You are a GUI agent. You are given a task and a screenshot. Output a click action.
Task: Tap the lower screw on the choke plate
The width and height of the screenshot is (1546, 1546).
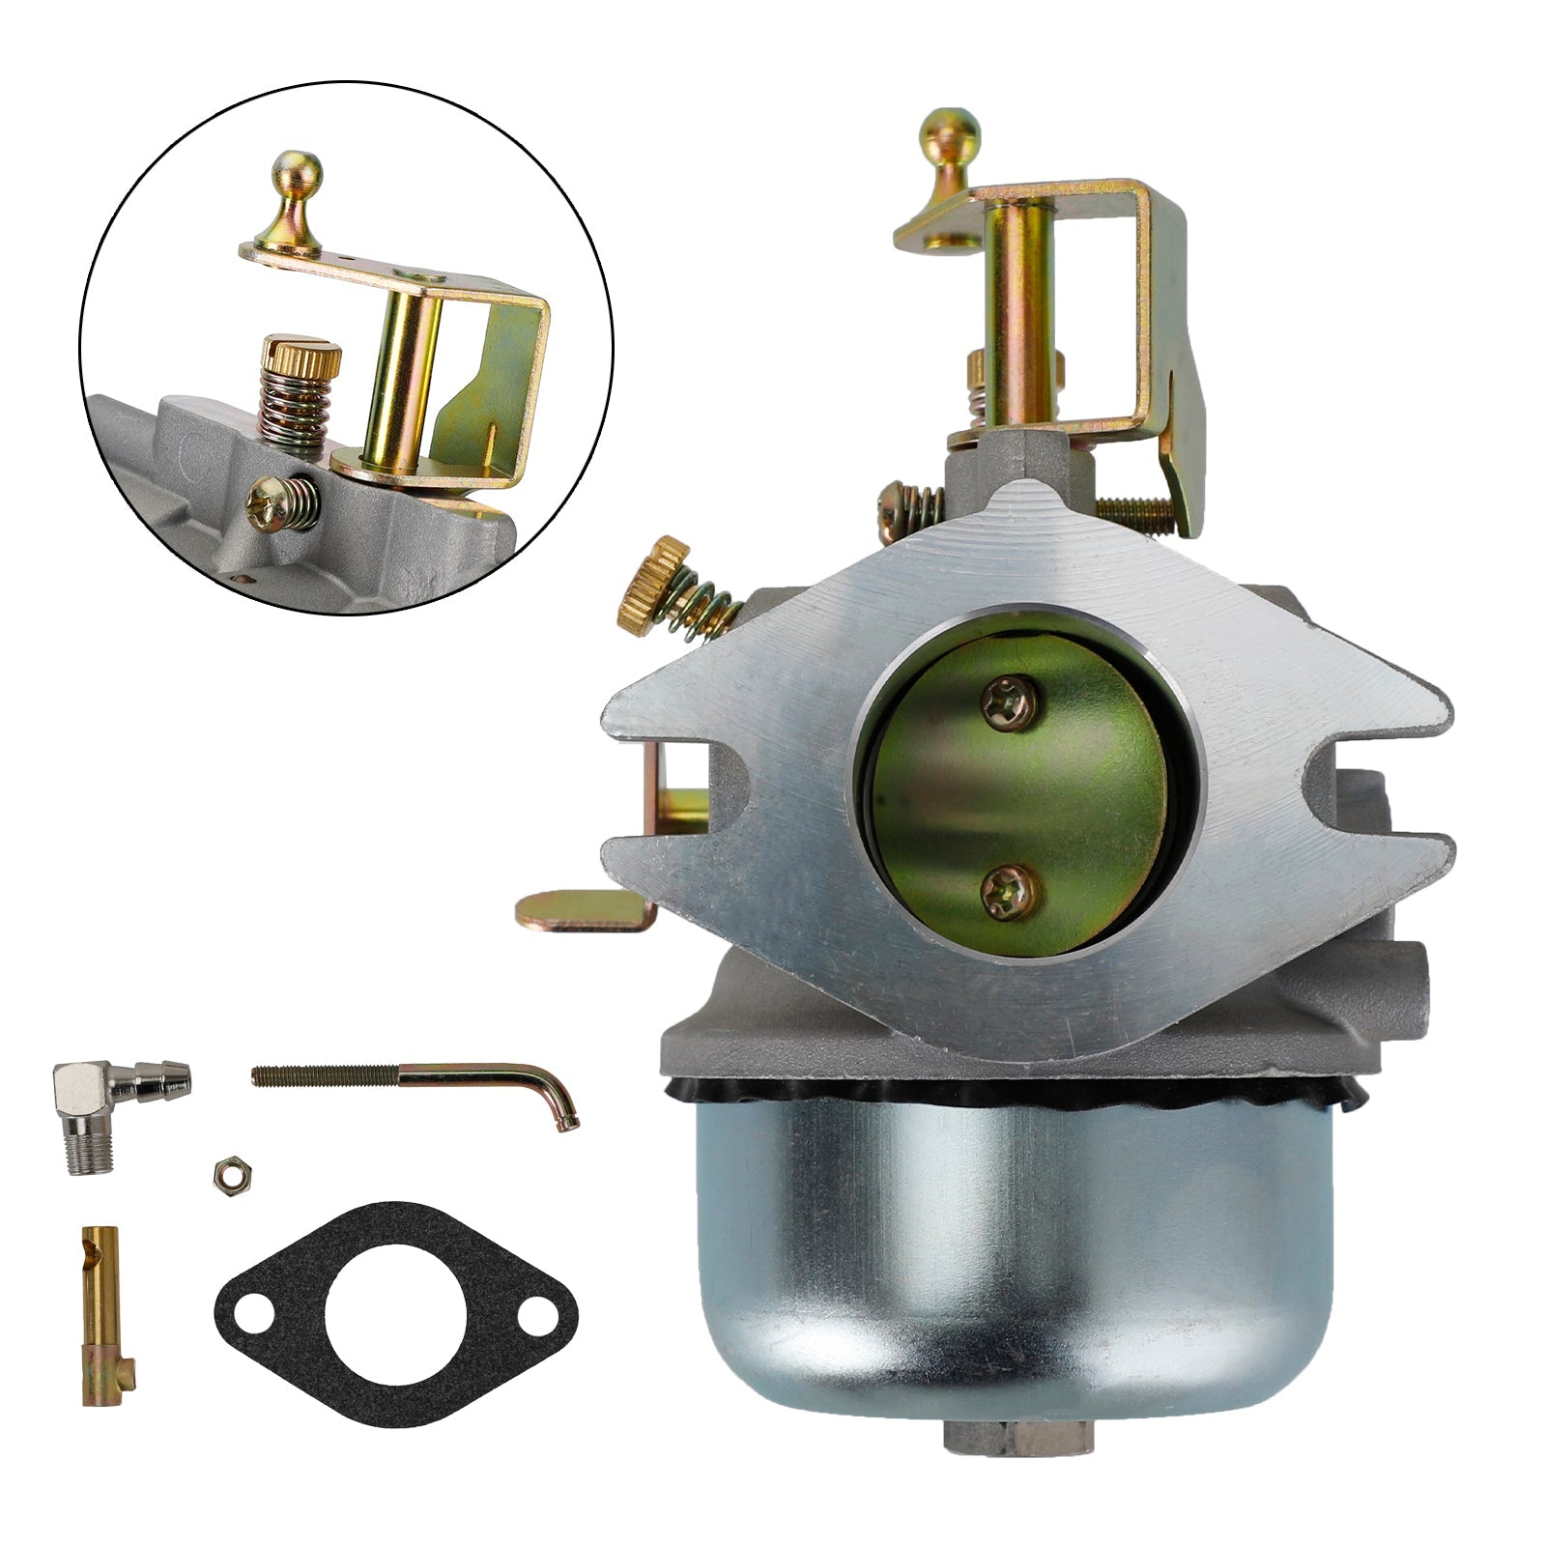pyautogui.click(x=1011, y=890)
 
